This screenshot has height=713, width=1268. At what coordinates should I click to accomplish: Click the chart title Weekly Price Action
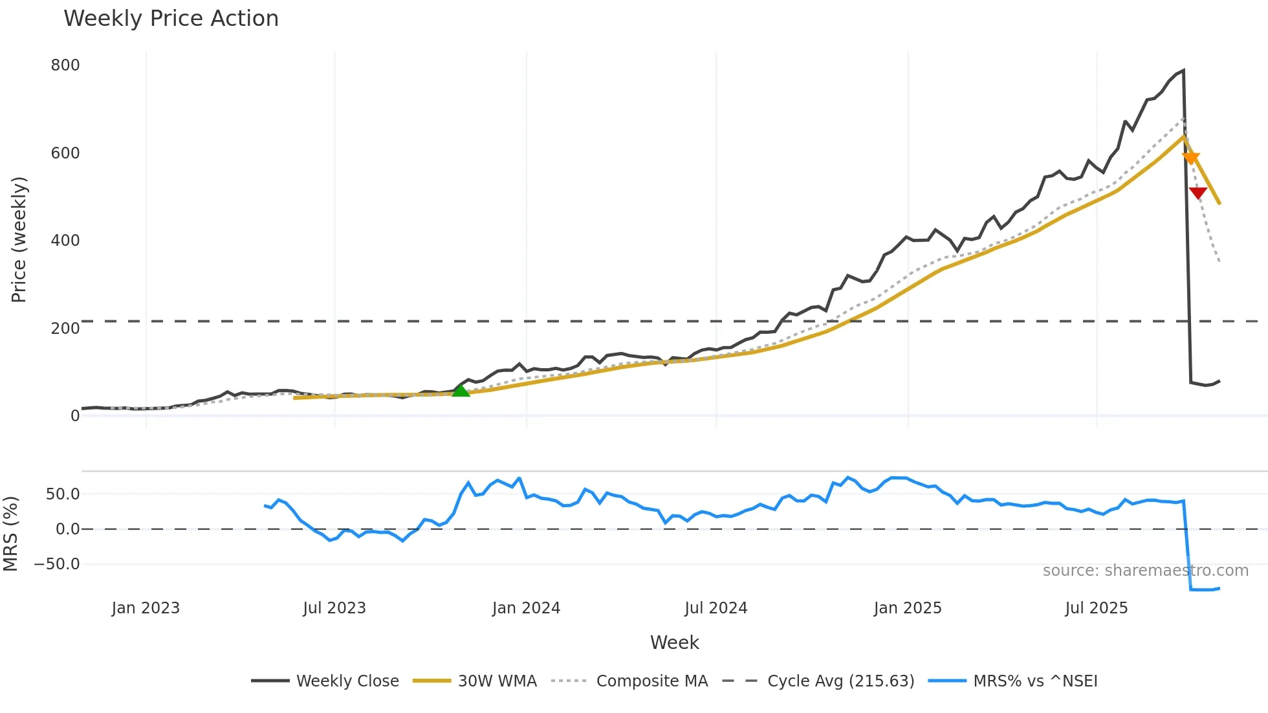pos(171,19)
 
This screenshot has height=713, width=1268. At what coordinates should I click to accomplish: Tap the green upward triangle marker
pos(461,390)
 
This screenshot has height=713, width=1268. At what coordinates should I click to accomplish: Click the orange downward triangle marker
pos(1190,159)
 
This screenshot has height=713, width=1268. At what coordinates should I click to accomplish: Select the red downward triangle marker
pos(1198,193)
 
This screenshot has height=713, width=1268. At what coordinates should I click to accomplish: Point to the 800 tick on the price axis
pos(65,65)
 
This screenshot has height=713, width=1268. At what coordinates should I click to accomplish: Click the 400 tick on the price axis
pos(65,241)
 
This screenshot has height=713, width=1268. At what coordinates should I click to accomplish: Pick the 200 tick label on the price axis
pos(65,329)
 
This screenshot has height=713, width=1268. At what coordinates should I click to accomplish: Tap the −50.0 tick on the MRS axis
pos(57,564)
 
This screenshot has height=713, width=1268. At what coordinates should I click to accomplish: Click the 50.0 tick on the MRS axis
pos(63,494)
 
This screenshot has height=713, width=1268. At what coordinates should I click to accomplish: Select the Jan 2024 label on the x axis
pos(526,608)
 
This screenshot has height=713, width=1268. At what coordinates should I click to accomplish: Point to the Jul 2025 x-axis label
pos(1097,608)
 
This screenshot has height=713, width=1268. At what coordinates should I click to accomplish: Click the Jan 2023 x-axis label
pos(146,608)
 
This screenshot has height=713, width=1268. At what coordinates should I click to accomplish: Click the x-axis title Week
pos(674,642)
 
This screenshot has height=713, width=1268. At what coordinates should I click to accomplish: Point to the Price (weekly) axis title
pos(19,239)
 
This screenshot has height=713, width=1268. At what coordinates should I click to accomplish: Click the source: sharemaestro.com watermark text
pos(1145,571)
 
